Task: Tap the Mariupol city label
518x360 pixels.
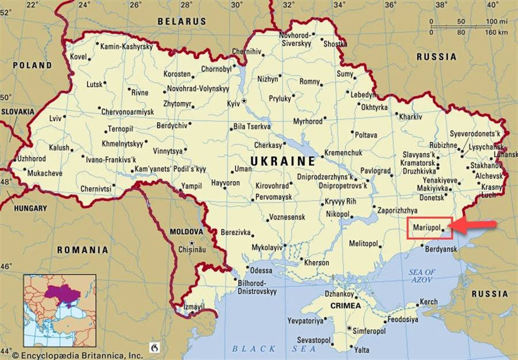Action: click(x=426, y=228)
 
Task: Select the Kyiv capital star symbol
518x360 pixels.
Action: click(x=244, y=101)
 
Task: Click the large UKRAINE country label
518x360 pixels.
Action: click(x=283, y=161)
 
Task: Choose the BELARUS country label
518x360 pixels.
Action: click(x=182, y=21)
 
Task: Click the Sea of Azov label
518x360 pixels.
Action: click(x=422, y=275)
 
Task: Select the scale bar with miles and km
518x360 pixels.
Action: click(x=468, y=26)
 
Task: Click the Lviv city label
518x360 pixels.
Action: click(x=55, y=118)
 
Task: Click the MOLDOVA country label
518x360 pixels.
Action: click(x=187, y=232)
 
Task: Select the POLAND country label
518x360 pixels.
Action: click(x=32, y=66)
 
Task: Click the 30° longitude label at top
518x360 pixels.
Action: click(x=236, y=5)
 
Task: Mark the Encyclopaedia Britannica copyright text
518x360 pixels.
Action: click(x=78, y=355)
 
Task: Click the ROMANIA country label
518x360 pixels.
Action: click(x=82, y=250)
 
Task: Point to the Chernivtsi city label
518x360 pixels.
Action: click(x=96, y=188)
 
